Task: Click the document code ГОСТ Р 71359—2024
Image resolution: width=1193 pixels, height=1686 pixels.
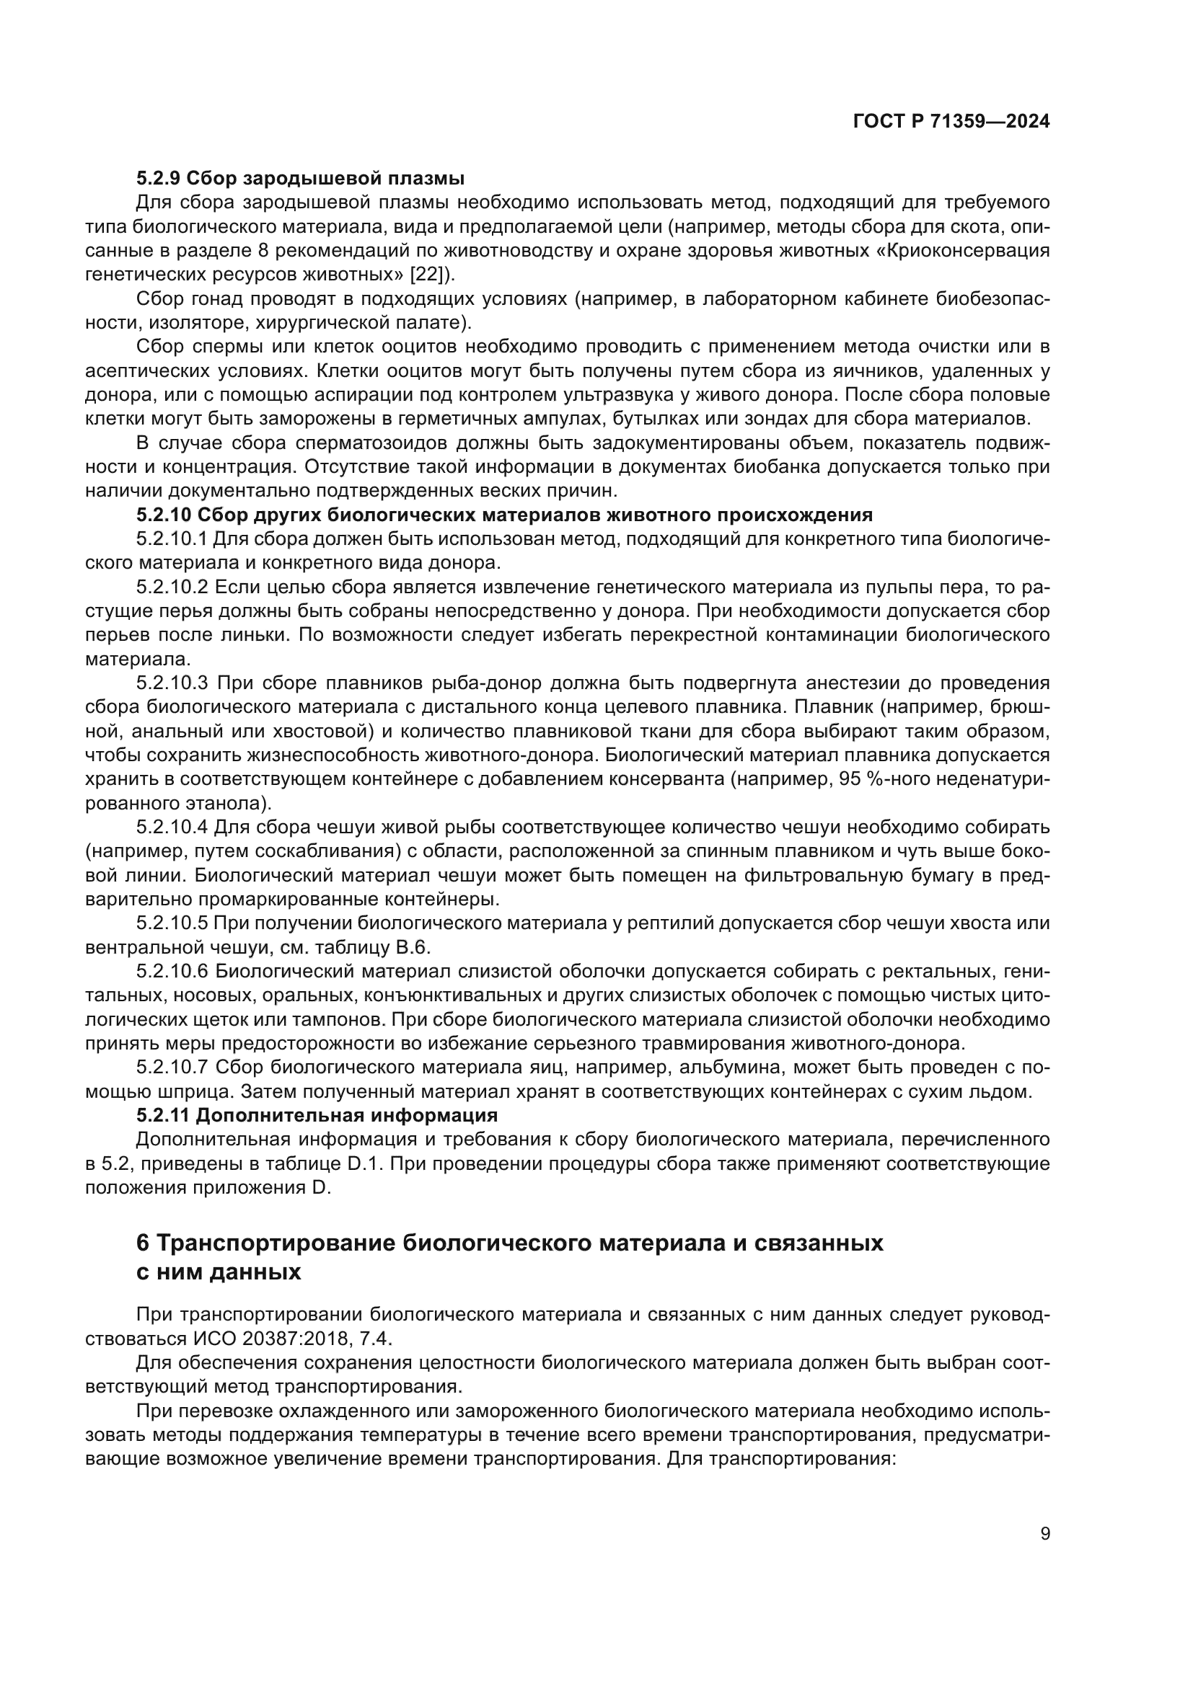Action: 951,122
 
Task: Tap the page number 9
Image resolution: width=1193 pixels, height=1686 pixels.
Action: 1045,1534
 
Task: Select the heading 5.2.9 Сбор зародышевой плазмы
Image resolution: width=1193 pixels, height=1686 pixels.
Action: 300,179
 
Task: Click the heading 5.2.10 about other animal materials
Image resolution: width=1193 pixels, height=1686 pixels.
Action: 504,515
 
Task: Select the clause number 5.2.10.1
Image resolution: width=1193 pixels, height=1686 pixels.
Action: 172,539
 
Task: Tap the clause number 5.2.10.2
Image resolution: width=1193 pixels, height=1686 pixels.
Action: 172,587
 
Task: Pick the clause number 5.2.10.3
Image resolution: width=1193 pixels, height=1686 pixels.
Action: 172,683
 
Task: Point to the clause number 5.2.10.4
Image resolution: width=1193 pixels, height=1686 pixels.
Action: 172,828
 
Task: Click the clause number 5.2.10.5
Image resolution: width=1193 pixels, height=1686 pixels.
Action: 172,924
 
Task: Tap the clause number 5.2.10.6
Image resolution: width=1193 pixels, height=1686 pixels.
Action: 172,972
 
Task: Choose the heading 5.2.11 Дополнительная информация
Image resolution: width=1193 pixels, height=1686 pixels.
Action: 317,1115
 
